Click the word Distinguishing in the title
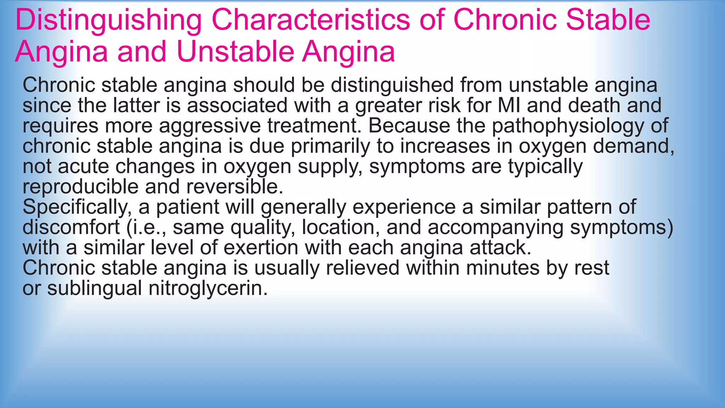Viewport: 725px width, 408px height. point(108,21)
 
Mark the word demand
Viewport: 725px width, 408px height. point(633,146)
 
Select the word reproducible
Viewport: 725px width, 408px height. point(80,187)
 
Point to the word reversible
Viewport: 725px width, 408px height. point(234,187)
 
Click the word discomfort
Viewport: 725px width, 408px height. point(71,227)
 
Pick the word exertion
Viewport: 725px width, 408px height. point(261,248)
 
